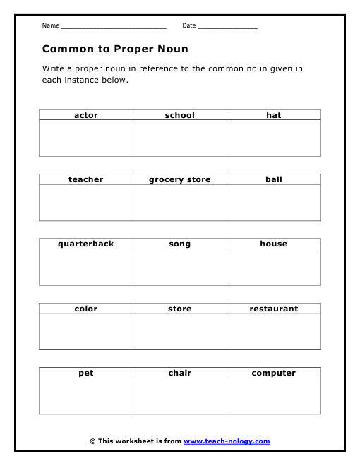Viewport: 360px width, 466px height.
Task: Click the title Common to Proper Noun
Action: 115,49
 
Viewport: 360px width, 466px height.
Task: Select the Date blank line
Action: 227,27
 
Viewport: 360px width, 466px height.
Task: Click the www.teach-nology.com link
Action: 227,441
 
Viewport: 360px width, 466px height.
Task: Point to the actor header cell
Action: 86,115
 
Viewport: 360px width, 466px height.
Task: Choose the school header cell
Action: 180,115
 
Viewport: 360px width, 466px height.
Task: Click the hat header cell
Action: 274,115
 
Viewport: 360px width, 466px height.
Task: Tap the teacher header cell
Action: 86,179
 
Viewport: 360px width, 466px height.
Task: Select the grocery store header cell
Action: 180,179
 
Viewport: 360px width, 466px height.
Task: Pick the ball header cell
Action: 274,179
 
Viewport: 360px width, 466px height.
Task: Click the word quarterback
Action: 86,244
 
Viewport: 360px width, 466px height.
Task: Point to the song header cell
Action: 180,244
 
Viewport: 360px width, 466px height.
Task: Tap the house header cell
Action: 274,244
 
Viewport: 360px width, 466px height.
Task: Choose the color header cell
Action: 86,309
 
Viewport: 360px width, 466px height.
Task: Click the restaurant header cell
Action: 274,309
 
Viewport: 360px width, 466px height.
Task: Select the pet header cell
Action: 86,373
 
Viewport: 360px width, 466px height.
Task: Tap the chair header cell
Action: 180,373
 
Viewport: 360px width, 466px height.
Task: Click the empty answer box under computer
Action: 274,396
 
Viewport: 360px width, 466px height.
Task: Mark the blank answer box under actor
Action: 86,138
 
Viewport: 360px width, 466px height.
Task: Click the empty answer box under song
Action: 180,267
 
